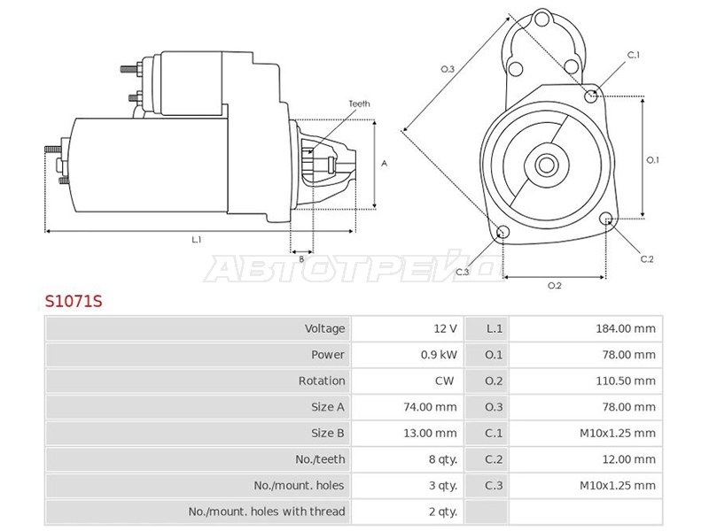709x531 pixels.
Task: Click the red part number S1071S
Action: [x=74, y=301]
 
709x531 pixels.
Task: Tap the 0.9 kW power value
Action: [x=439, y=355]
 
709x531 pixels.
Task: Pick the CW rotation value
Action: [x=444, y=381]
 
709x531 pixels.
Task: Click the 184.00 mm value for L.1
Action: [x=626, y=328]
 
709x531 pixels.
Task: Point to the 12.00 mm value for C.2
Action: [x=628, y=459]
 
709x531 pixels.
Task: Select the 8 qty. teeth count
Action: [x=442, y=459]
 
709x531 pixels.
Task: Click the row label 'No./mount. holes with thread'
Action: [x=267, y=512]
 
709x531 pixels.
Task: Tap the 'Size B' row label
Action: [x=327, y=433]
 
